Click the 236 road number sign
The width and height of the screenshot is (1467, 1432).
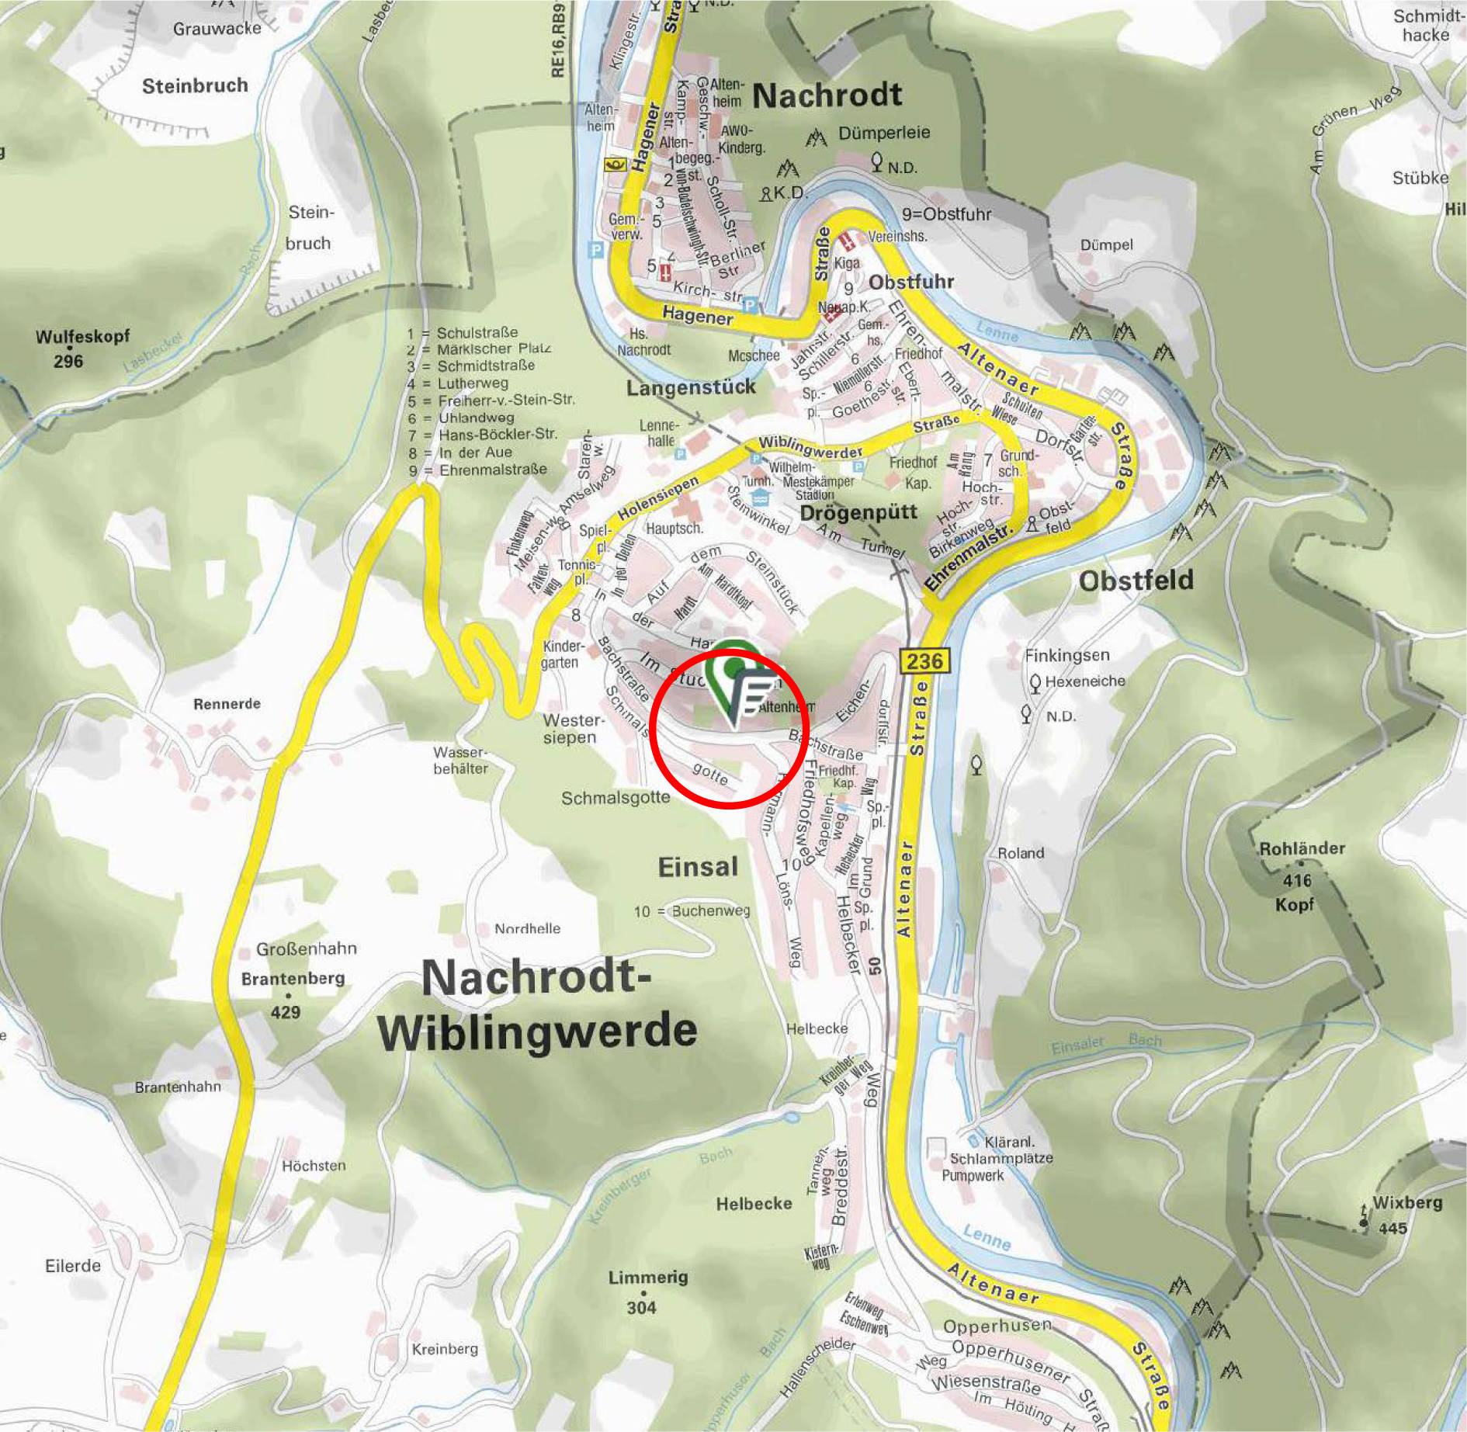(x=924, y=661)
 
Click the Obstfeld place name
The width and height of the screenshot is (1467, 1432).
(x=1136, y=581)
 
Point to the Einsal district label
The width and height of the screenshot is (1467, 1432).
(x=698, y=867)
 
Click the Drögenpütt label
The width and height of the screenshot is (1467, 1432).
(x=858, y=513)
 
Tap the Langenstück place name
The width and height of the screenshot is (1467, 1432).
(x=691, y=387)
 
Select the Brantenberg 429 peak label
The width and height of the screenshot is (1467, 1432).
(x=292, y=993)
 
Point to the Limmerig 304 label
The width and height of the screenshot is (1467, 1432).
(x=647, y=1292)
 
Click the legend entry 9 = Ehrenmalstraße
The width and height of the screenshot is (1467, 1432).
(x=479, y=470)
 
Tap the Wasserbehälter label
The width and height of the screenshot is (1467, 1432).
(x=460, y=760)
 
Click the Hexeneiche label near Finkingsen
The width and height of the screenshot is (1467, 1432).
(x=1084, y=681)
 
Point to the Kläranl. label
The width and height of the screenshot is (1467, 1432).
(x=1009, y=1142)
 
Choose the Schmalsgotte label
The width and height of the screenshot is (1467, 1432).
(x=615, y=798)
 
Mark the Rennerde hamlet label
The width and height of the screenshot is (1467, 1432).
(x=227, y=704)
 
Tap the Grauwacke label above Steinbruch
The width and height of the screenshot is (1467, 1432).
(x=217, y=29)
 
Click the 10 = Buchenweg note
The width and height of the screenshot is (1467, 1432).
(x=692, y=911)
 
